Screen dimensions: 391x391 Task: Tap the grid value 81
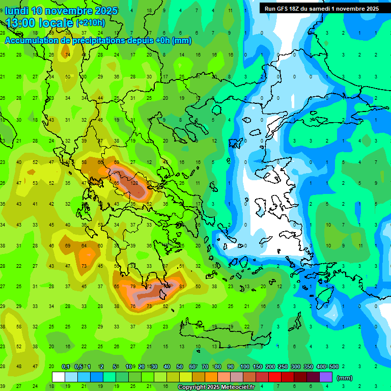coord(181,286)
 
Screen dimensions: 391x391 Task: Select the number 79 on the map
coord(133,286)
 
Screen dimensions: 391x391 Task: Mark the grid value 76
coord(133,306)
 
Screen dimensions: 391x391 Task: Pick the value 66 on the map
coord(100,162)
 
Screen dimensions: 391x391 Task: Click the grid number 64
coord(84,245)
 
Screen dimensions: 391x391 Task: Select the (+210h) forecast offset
coord(91,22)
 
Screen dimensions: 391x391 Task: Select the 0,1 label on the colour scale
coord(66,367)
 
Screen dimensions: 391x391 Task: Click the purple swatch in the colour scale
coord(326,377)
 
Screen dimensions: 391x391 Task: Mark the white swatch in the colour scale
coord(59,377)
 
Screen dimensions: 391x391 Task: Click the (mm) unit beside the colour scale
coord(345,378)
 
